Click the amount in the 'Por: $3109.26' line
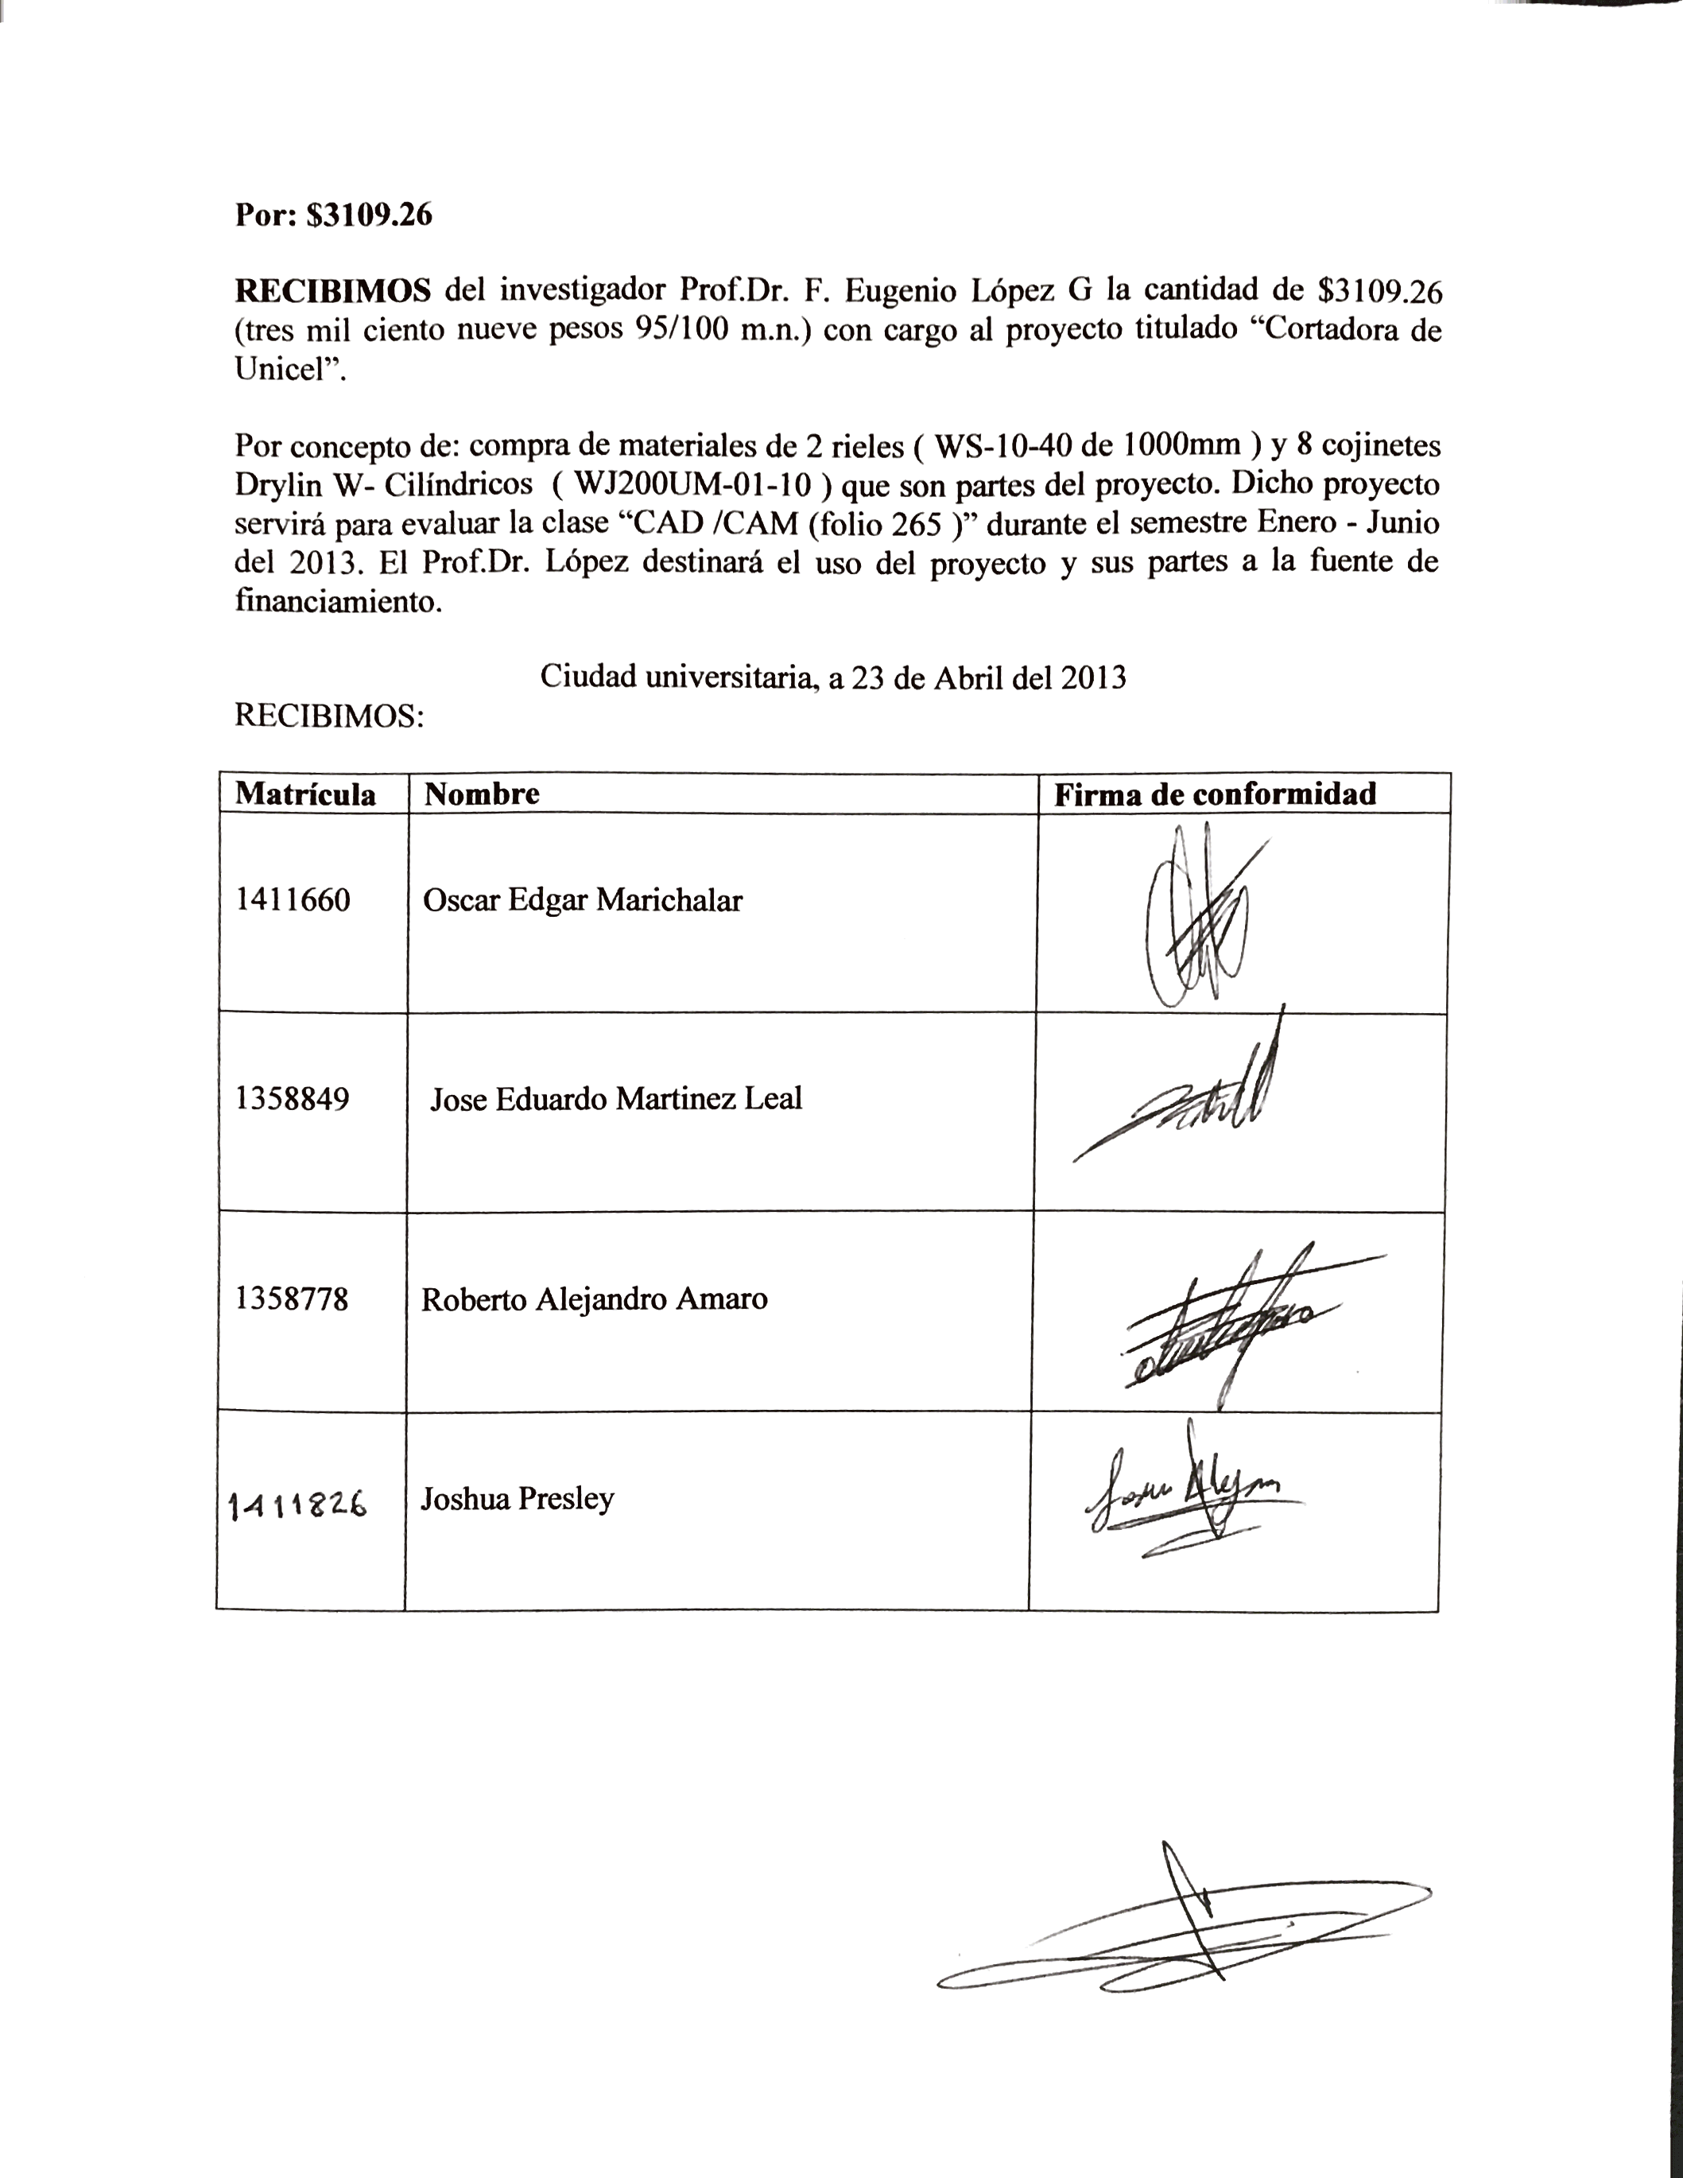coord(369,215)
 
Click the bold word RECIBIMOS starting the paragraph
coord(333,290)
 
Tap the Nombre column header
coord(482,794)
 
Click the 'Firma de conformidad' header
coord(1215,794)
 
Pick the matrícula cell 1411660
coord(293,900)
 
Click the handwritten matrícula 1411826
coord(297,1504)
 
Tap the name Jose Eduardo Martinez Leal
coord(615,1099)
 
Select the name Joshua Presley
coord(517,1499)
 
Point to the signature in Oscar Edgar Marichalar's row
coord(1196,915)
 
